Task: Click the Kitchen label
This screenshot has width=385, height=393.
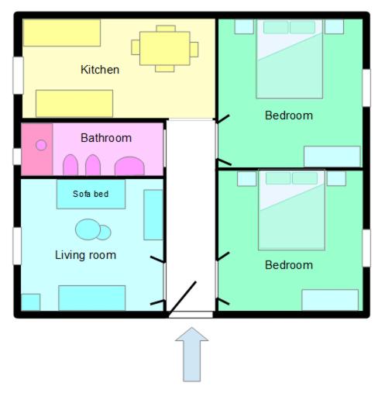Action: point(100,70)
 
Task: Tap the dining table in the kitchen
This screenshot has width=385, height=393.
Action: point(165,48)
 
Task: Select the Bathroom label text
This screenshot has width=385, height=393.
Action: point(106,138)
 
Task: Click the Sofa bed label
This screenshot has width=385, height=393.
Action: point(91,194)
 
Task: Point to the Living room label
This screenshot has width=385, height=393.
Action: point(85,254)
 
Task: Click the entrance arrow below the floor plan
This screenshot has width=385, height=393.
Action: point(191,354)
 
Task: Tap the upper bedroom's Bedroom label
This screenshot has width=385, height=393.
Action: point(289,115)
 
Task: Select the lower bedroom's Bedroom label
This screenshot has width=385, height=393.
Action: point(289,265)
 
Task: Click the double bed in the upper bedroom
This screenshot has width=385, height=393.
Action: point(290,59)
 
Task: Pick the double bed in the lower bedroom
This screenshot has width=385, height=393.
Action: point(291,210)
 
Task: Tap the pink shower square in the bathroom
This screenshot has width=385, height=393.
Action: point(36,147)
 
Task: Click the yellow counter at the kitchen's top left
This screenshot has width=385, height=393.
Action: point(62,33)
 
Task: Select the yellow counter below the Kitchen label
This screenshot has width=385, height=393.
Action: point(74,103)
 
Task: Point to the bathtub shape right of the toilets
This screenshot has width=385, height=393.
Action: point(129,166)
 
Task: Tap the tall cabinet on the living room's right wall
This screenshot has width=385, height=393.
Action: point(153,214)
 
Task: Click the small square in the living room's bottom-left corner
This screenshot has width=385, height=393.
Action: point(30,302)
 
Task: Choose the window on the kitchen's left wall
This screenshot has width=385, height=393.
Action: point(17,75)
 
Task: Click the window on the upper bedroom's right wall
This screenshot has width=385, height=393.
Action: point(366,88)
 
